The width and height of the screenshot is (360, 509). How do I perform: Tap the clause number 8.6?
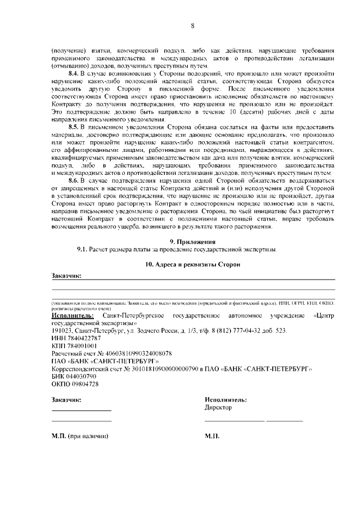pyautogui.click(x=74, y=181)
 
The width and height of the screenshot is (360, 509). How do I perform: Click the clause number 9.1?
pyautogui.click(x=83, y=249)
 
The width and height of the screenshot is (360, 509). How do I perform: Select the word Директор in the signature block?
pyautogui.click(x=218, y=408)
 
